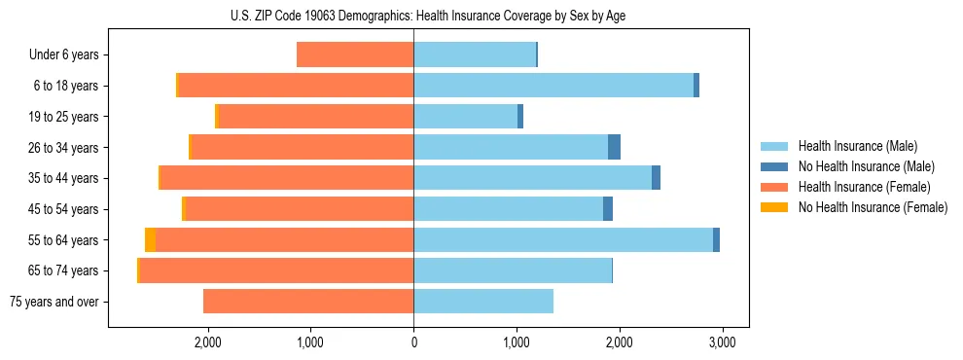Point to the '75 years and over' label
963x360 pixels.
[54, 302]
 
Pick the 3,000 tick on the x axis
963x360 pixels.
[721, 342]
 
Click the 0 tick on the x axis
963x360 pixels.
[413, 342]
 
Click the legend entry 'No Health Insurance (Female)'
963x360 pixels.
[873, 207]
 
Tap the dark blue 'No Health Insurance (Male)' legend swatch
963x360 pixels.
[774, 166]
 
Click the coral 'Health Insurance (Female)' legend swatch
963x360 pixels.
[774, 187]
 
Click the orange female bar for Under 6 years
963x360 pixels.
[355, 55]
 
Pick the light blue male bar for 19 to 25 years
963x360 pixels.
[465, 117]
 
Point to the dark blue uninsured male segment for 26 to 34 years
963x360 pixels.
[614, 148]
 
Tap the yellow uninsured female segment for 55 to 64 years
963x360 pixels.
[150, 240]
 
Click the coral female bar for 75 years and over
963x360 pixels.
[308, 302]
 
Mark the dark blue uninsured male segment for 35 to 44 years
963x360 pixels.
[656, 178]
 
